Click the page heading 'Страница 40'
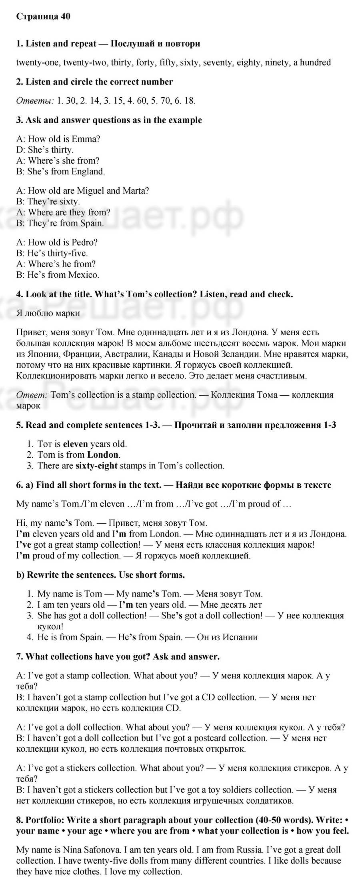[x=43, y=16]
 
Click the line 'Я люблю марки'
[x=48, y=313]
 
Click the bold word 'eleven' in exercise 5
[x=76, y=444]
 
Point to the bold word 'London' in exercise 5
[x=103, y=455]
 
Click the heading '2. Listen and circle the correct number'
[x=94, y=82]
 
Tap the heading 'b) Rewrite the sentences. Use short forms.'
[x=100, y=575]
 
